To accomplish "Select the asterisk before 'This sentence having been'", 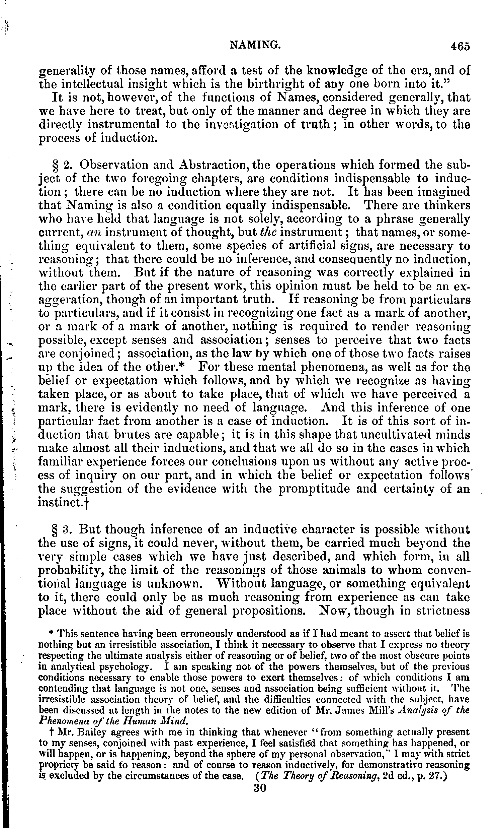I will point(51,633).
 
